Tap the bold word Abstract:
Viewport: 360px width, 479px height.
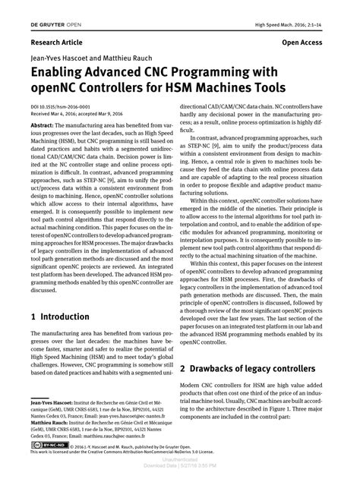click(44, 126)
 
